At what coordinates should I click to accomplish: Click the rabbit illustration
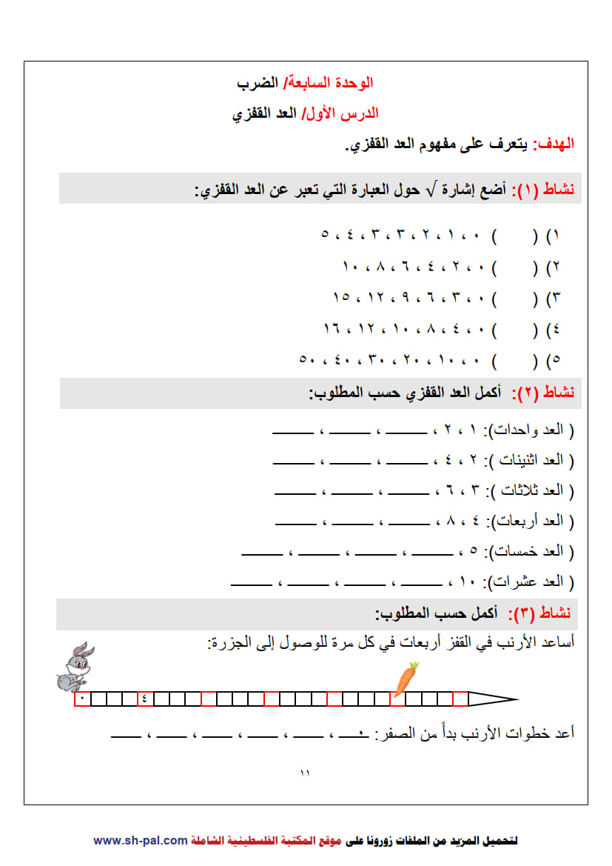[x=75, y=665]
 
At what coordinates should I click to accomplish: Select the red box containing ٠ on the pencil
[x=81, y=699]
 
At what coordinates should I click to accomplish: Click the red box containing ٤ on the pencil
[x=145, y=699]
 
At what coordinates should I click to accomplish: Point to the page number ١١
[x=305, y=773]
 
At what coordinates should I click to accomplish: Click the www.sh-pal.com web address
[x=140, y=840]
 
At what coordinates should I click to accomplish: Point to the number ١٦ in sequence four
[x=332, y=328]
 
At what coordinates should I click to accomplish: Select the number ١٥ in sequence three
[x=341, y=297]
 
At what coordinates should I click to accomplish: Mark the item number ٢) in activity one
[x=554, y=267]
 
